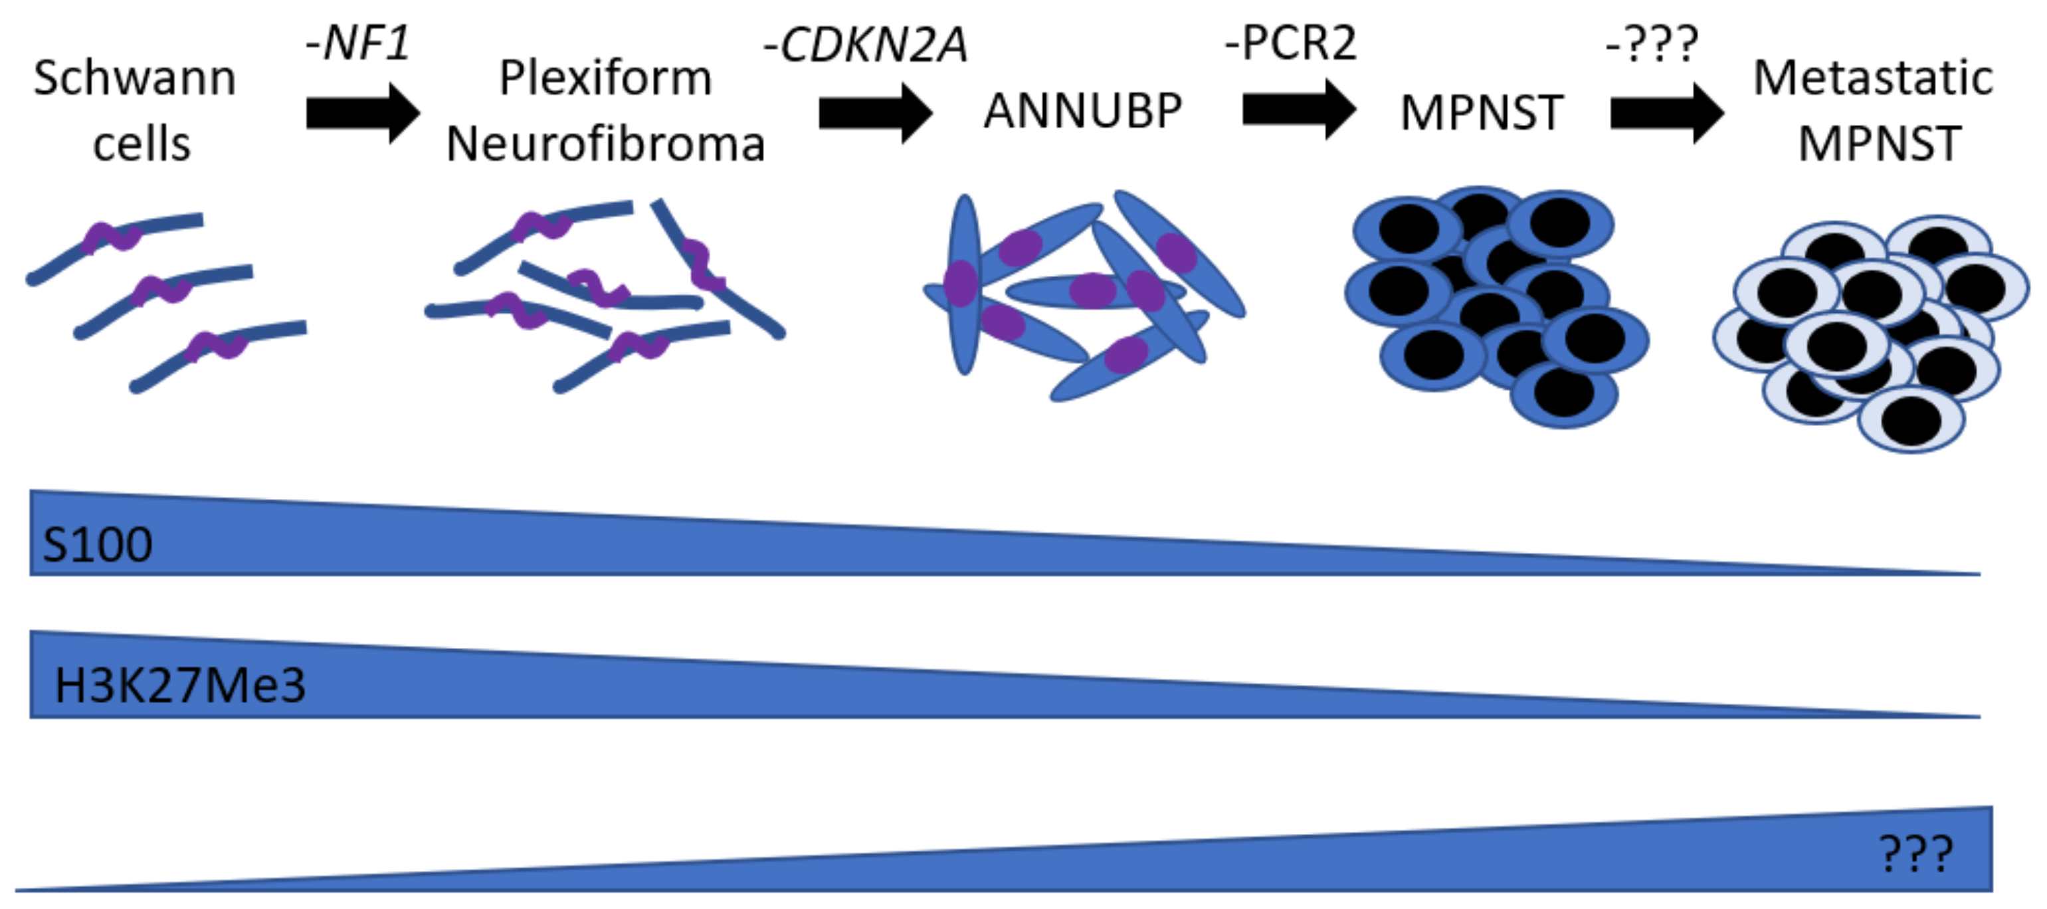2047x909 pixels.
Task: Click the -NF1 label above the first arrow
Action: pos(358,43)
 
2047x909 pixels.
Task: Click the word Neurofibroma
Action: pos(605,145)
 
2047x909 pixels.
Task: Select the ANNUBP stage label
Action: pos(1082,110)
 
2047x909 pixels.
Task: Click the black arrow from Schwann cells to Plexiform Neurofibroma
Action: pos(362,113)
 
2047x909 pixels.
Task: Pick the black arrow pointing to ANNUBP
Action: pos(875,113)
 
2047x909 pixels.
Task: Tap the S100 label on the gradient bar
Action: pos(97,545)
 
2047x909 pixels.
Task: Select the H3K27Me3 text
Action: pos(179,685)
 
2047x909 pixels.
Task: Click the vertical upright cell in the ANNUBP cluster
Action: pos(964,284)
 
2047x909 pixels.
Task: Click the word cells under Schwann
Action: pos(142,145)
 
